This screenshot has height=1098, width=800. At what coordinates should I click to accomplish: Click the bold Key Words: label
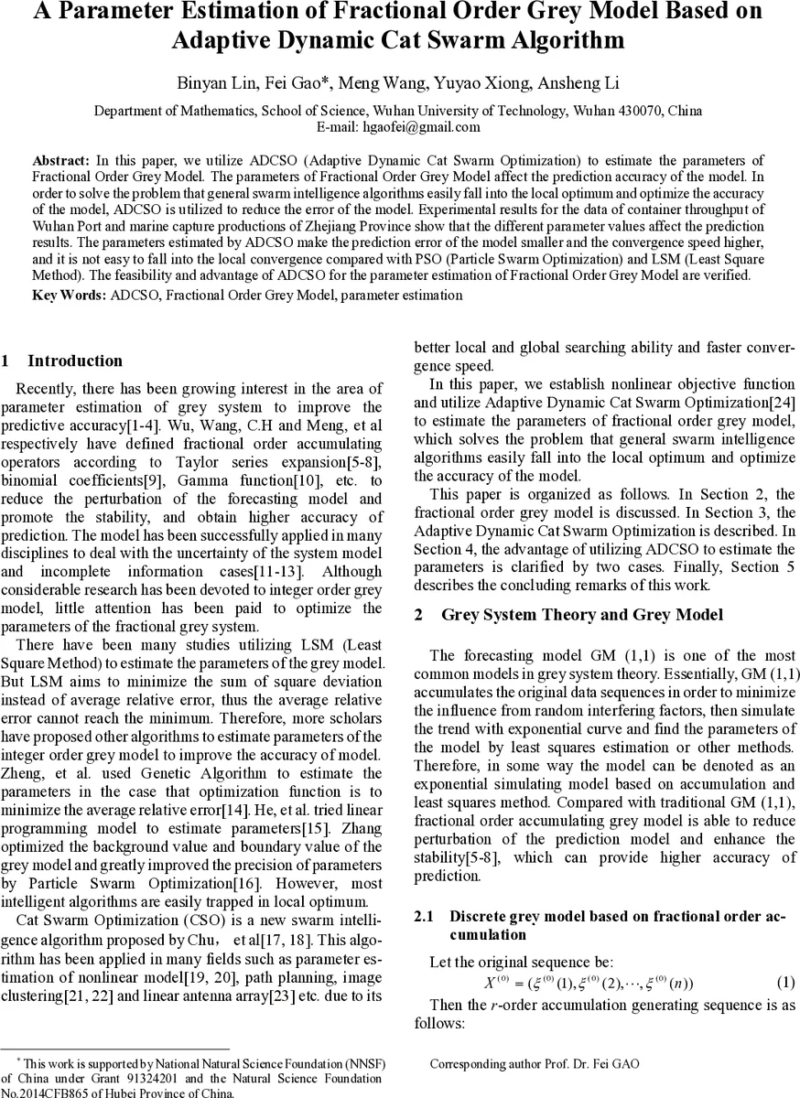click(70, 296)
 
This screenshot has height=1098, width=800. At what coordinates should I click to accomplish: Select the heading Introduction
click(75, 361)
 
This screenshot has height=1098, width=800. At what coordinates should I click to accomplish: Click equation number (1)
click(785, 983)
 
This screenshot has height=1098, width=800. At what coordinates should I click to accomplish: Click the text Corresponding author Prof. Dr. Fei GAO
click(534, 1064)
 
